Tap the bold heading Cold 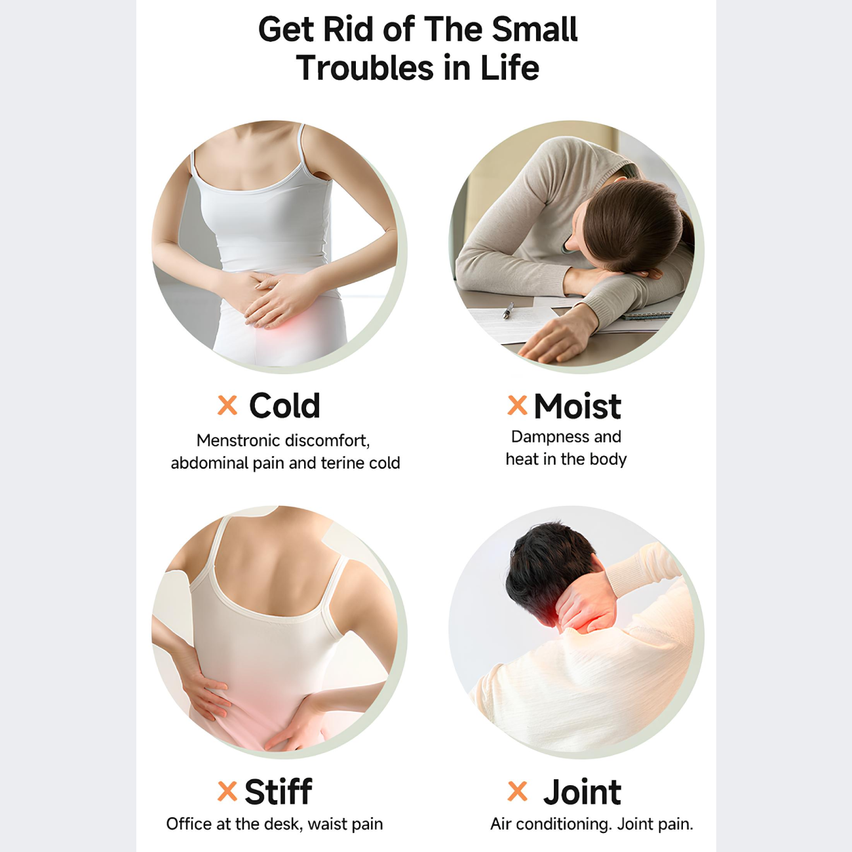(284, 406)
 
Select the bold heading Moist (577, 406)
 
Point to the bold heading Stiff (279, 791)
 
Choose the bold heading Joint (582, 792)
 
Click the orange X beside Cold (227, 405)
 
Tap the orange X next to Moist (517, 405)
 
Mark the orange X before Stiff (227, 792)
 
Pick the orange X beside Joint (517, 792)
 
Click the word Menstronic (237, 440)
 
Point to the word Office (189, 824)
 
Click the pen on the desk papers (509, 310)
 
